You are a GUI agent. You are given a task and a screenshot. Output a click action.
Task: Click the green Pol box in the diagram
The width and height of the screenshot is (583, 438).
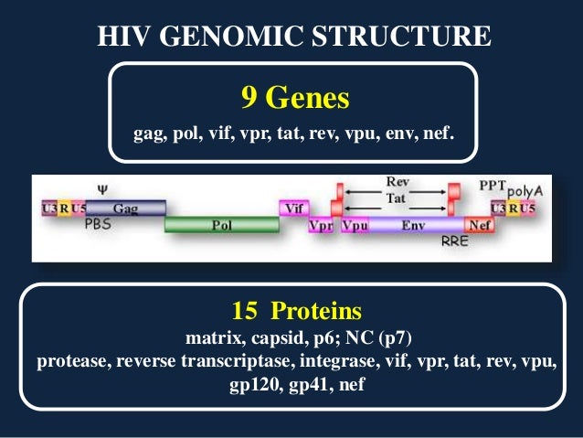222,224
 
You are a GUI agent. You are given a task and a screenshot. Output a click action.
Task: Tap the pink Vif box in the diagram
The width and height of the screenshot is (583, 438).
293,208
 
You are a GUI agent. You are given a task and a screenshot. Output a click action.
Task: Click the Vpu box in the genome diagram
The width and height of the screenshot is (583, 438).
356,224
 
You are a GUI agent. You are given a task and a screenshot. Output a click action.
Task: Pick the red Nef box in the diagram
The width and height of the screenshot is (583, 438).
478,224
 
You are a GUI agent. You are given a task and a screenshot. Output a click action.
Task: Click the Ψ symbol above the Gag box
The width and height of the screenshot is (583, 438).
102,190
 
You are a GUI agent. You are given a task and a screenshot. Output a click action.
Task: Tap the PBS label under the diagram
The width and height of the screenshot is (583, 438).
98,223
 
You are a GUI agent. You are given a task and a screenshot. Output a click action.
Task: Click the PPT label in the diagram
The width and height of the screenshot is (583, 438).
492,185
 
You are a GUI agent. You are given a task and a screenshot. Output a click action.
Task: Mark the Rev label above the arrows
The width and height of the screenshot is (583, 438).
397,183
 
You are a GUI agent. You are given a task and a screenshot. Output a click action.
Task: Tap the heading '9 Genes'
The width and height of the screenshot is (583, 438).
294,96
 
